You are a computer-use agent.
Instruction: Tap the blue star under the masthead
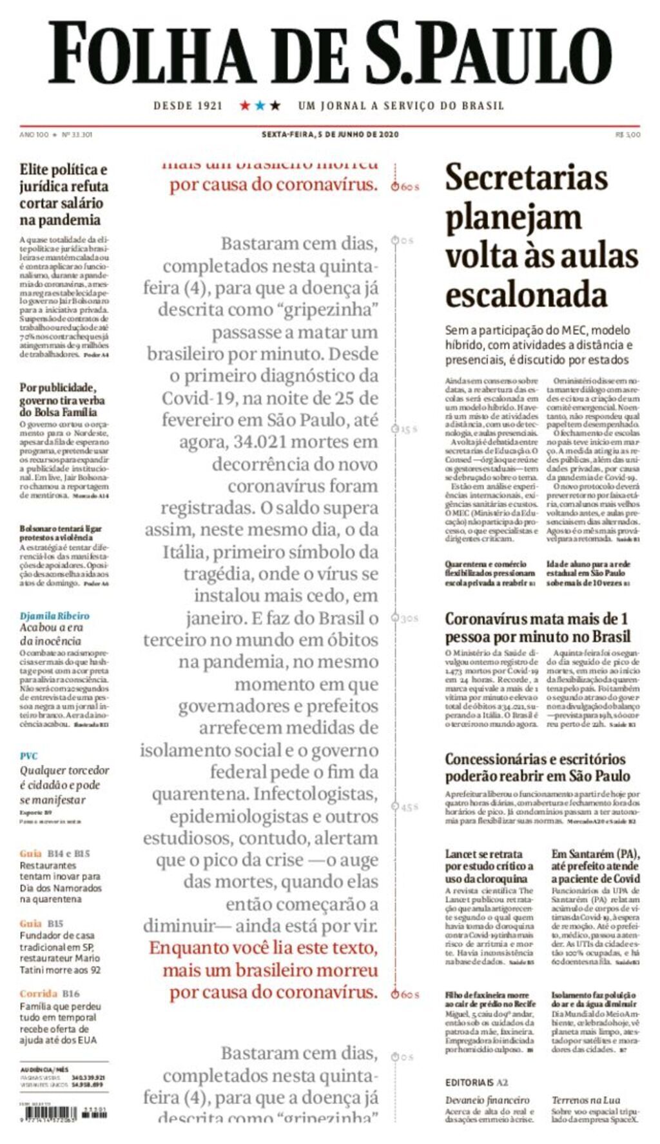tap(260, 105)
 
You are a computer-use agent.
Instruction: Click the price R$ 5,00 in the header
tap(628, 135)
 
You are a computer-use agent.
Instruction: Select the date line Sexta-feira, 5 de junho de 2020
tap(330, 135)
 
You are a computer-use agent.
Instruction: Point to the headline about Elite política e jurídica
tap(63, 194)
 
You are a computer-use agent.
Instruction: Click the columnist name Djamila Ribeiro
tap(54, 616)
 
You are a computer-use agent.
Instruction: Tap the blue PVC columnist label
tap(28, 756)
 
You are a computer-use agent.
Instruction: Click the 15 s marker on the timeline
tap(406, 429)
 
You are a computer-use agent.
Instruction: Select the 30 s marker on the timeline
tap(406, 618)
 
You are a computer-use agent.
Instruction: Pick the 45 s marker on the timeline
tap(406, 807)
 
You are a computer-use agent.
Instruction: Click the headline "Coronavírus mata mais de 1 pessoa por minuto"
tap(537, 627)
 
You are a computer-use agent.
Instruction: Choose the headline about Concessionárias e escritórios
tap(537, 767)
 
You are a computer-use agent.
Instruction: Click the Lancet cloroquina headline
tap(489, 866)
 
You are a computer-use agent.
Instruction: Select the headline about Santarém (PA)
tap(595, 866)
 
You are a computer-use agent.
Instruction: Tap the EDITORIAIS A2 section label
tap(476, 1082)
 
